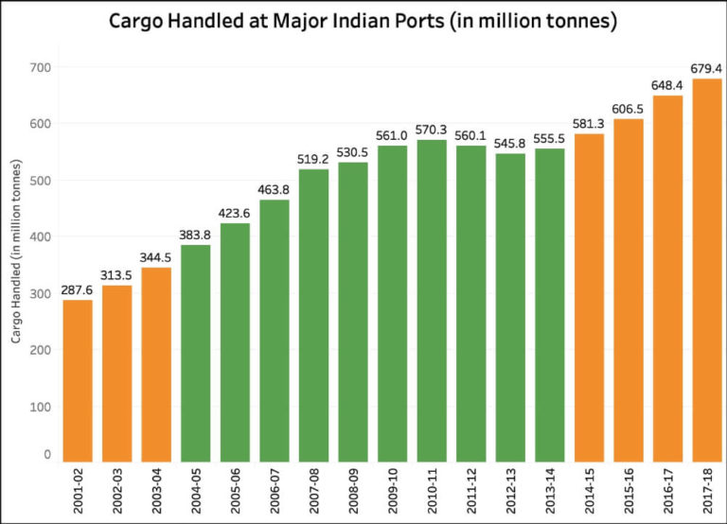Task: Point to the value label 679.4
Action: [706, 68]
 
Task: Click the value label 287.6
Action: [78, 289]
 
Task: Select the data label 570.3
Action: [432, 130]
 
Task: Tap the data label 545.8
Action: [510, 144]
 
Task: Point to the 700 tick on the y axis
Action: [44, 67]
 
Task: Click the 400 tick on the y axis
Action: [44, 236]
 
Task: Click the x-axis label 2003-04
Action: [157, 490]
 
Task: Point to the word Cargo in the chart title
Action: [137, 20]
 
